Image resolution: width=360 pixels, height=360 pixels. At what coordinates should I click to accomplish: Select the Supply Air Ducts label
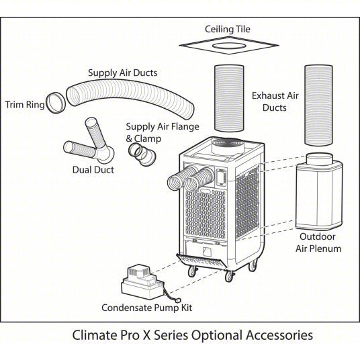point(122,72)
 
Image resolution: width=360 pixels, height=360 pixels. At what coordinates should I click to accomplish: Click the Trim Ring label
point(26,104)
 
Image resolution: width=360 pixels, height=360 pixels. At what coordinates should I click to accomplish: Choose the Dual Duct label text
point(93,169)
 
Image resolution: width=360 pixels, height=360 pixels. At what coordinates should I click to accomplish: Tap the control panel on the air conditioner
point(220,176)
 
